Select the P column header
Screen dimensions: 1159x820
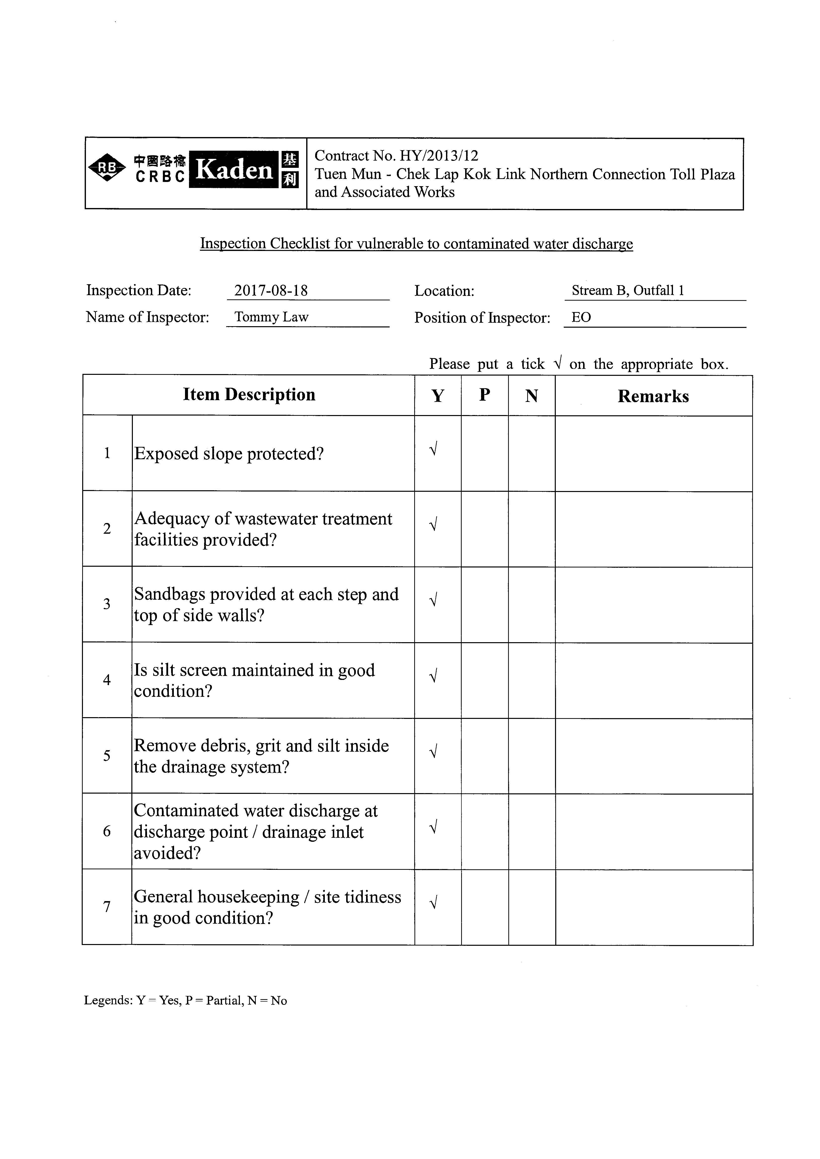tap(484, 395)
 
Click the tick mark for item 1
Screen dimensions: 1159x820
tap(433, 448)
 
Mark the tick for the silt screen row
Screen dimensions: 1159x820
tap(433, 675)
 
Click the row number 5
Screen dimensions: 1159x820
tap(107, 756)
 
